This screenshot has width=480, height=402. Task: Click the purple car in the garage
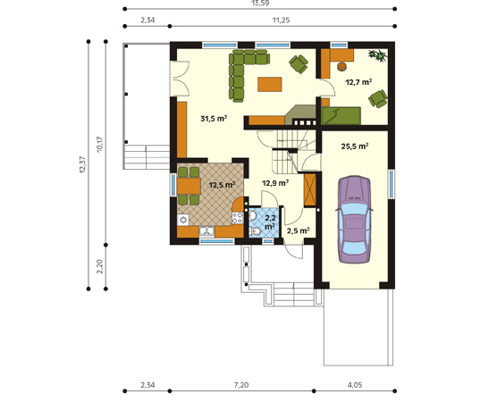pyautogui.click(x=354, y=220)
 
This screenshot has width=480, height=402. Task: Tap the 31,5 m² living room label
pyautogui.click(x=214, y=119)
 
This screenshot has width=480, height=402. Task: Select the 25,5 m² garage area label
pyautogui.click(x=355, y=147)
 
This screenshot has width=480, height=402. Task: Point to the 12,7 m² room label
pyautogui.click(x=358, y=82)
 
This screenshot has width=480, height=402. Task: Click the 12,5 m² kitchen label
pyautogui.click(x=222, y=185)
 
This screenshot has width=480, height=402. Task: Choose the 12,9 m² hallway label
pyautogui.click(x=275, y=183)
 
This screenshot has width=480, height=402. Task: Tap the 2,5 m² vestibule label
pyautogui.click(x=298, y=230)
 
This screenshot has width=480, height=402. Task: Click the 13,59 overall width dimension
pyautogui.click(x=259, y=3)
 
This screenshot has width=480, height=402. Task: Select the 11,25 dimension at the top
pyautogui.click(x=281, y=21)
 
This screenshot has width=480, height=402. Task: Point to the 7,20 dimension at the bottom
pyautogui.click(x=241, y=385)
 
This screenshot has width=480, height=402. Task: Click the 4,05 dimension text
pyautogui.click(x=355, y=385)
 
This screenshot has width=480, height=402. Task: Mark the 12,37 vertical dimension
pyautogui.click(x=82, y=165)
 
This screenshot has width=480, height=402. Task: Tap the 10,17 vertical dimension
pyautogui.click(x=100, y=145)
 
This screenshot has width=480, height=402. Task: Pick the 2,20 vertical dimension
pyautogui.click(x=100, y=266)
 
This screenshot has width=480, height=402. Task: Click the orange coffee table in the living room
pyautogui.click(x=269, y=84)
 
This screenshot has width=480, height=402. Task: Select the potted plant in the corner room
pyautogui.click(x=378, y=56)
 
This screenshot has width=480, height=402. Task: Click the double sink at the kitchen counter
pyautogui.click(x=207, y=231)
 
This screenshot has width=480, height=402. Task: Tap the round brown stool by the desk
pyautogui.click(x=341, y=66)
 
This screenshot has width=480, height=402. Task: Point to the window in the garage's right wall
pyautogui.click(x=392, y=183)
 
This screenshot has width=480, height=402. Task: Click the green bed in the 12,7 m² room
pyautogui.click(x=341, y=115)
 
